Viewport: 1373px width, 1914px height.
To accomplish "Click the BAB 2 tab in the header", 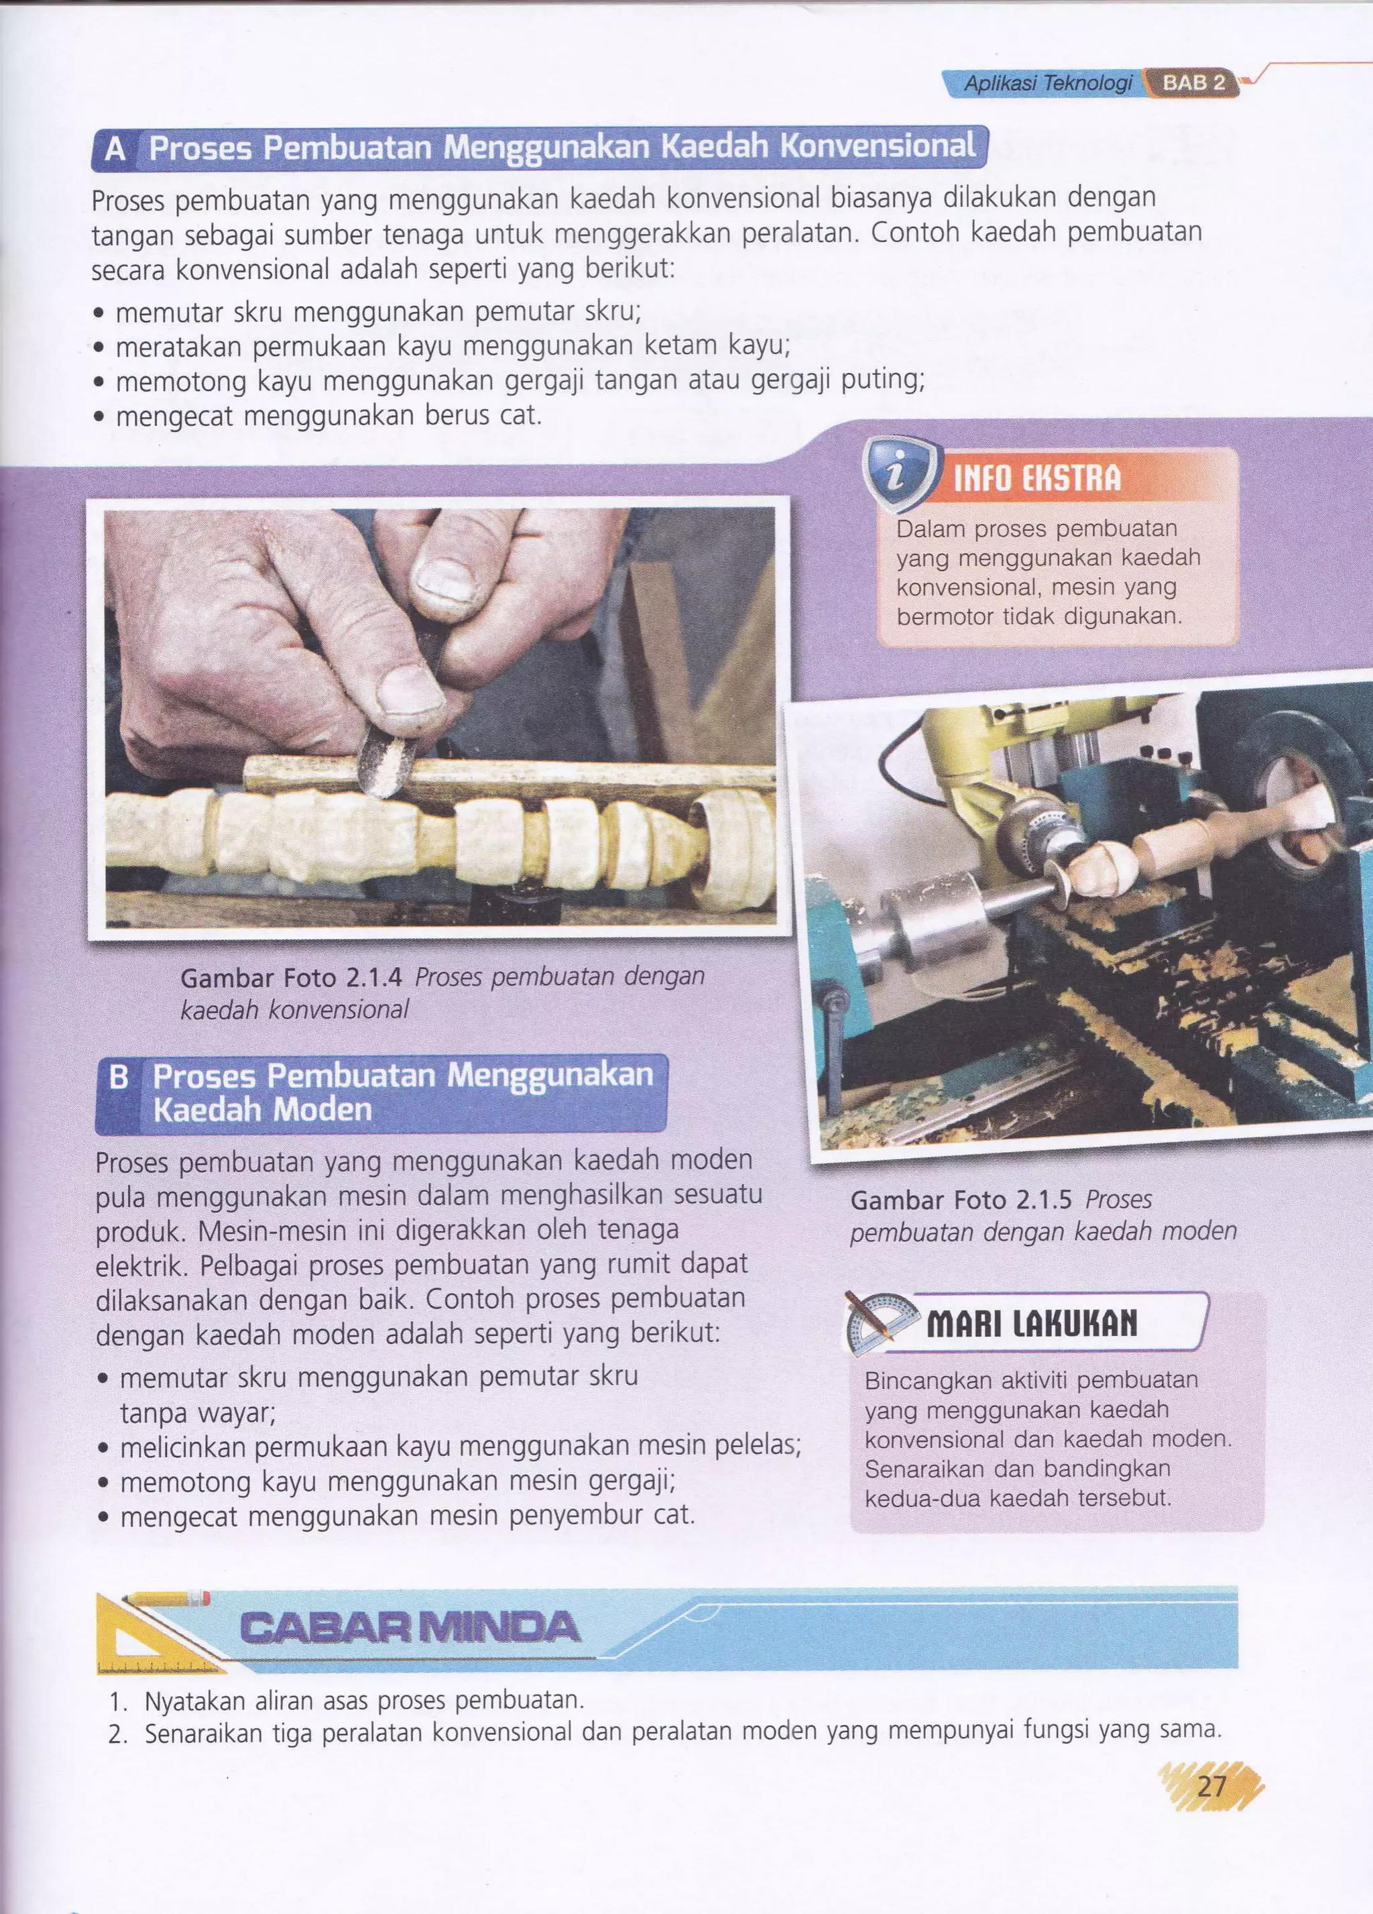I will [x=1193, y=84].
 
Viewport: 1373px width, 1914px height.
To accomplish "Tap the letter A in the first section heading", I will [x=115, y=150].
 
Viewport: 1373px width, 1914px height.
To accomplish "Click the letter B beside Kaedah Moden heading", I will [x=119, y=1078].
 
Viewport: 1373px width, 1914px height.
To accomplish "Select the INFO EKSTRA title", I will [x=1037, y=479].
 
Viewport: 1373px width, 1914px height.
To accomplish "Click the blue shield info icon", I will [x=900, y=476].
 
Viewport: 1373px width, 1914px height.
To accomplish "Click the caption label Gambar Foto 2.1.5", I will [x=962, y=1200].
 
